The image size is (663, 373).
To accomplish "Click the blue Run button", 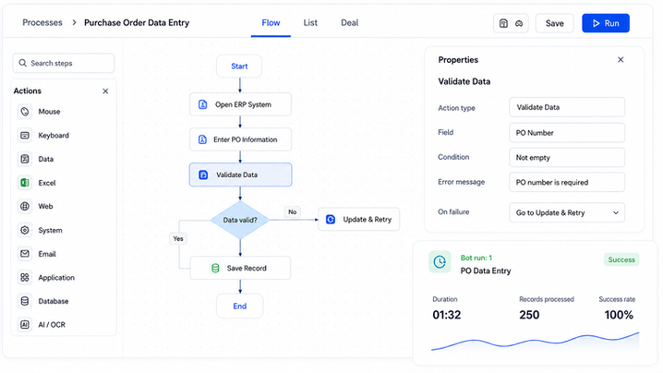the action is [x=606, y=23].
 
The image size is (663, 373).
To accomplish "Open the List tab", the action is [x=310, y=23].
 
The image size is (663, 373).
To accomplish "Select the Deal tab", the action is [x=350, y=23].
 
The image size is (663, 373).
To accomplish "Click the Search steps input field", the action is [x=64, y=63].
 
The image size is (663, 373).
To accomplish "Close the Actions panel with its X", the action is [x=105, y=90].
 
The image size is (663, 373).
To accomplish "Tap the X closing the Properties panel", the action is [x=621, y=60].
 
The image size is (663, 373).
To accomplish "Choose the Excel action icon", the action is [x=25, y=183].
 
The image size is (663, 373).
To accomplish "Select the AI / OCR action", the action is [x=52, y=325].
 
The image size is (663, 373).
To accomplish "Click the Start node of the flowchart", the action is [x=239, y=66].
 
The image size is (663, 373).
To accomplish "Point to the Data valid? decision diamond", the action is [x=240, y=220].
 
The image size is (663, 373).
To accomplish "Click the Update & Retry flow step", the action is [x=358, y=220].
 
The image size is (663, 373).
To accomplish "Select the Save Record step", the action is [x=240, y=268].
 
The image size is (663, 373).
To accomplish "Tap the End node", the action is [x=240, y=307].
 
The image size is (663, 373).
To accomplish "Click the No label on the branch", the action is [x=293, y=211].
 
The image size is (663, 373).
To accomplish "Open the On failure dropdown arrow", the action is [x=616, y=212].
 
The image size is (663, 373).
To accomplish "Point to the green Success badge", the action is [x=621, y=259].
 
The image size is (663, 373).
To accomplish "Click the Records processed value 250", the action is [x=529, y=315].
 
